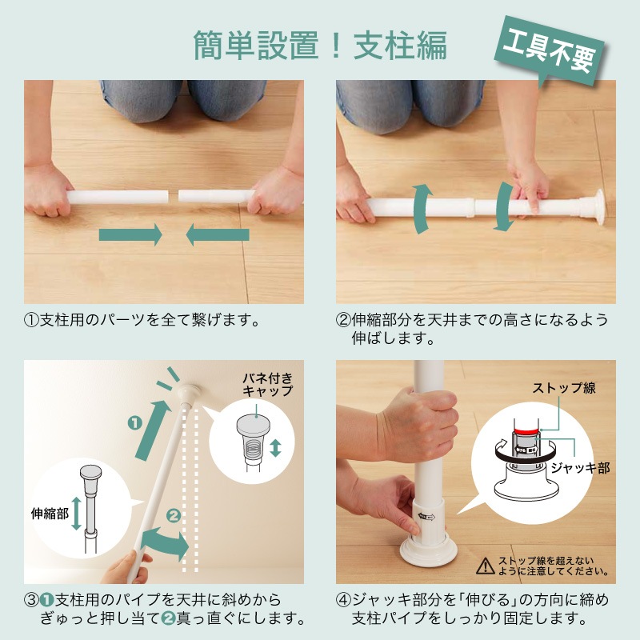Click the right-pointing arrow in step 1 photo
[x=130, y=235]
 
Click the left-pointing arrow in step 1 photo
[x=217, y=235]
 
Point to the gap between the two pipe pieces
[x=173, y=196]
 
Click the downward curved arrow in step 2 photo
[x=504, y=207]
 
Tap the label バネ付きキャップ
[x=267, y=384]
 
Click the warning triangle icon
[x=485, y=566]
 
